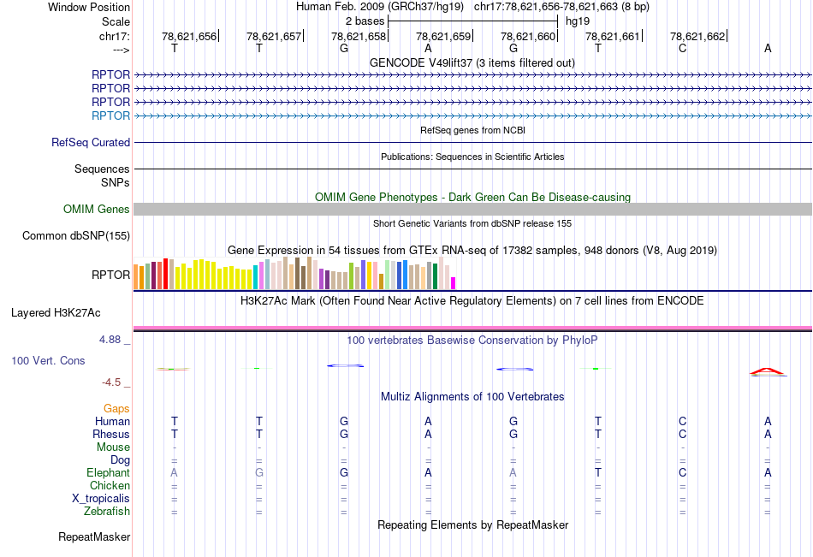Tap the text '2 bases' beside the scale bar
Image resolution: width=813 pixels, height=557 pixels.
[x=365, y=21]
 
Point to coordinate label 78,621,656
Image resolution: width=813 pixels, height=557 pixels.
[x=189, y=36]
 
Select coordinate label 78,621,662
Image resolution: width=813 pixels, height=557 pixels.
[x=697, y=36]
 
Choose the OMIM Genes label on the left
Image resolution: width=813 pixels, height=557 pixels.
[x=97, y=209]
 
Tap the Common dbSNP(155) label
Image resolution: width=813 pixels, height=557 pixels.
[x=76, y=236]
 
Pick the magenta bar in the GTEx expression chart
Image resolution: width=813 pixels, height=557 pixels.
[x=454, y=282]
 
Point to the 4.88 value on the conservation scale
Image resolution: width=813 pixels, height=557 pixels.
[x=114, y=340]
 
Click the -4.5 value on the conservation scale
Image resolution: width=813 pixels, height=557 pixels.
[x=116, y=382]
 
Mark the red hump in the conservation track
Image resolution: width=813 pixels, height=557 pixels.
[x=767, y=370]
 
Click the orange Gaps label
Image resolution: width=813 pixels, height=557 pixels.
[x=116, y=409]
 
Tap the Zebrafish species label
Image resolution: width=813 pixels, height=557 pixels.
[x=107, y=512]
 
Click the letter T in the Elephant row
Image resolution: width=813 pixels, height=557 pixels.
[x=598, y=472]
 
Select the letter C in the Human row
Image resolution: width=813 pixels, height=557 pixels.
[x=683, y=421]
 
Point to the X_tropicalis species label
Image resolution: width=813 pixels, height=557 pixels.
[x=101, y=499]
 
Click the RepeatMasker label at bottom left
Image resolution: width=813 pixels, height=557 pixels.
[x=94, y=537]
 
